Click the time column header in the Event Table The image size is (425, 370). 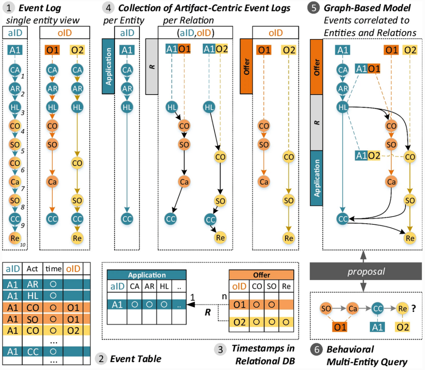click(53, 269)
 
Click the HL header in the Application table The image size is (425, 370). click(164, 286)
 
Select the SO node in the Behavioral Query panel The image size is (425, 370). click(326, 308)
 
